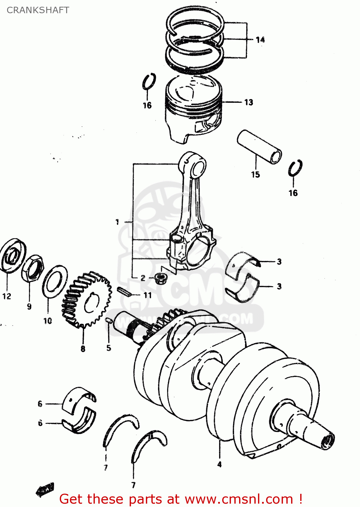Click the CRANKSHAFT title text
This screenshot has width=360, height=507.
38,10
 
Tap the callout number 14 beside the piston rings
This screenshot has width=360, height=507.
260,40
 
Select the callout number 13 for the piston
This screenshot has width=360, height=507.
249,102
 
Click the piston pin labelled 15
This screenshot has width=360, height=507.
259,147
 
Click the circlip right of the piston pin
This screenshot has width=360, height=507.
295,168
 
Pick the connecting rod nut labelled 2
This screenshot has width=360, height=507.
159,279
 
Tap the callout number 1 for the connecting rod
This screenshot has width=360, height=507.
117,222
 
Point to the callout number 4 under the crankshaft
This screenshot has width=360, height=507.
220,464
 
